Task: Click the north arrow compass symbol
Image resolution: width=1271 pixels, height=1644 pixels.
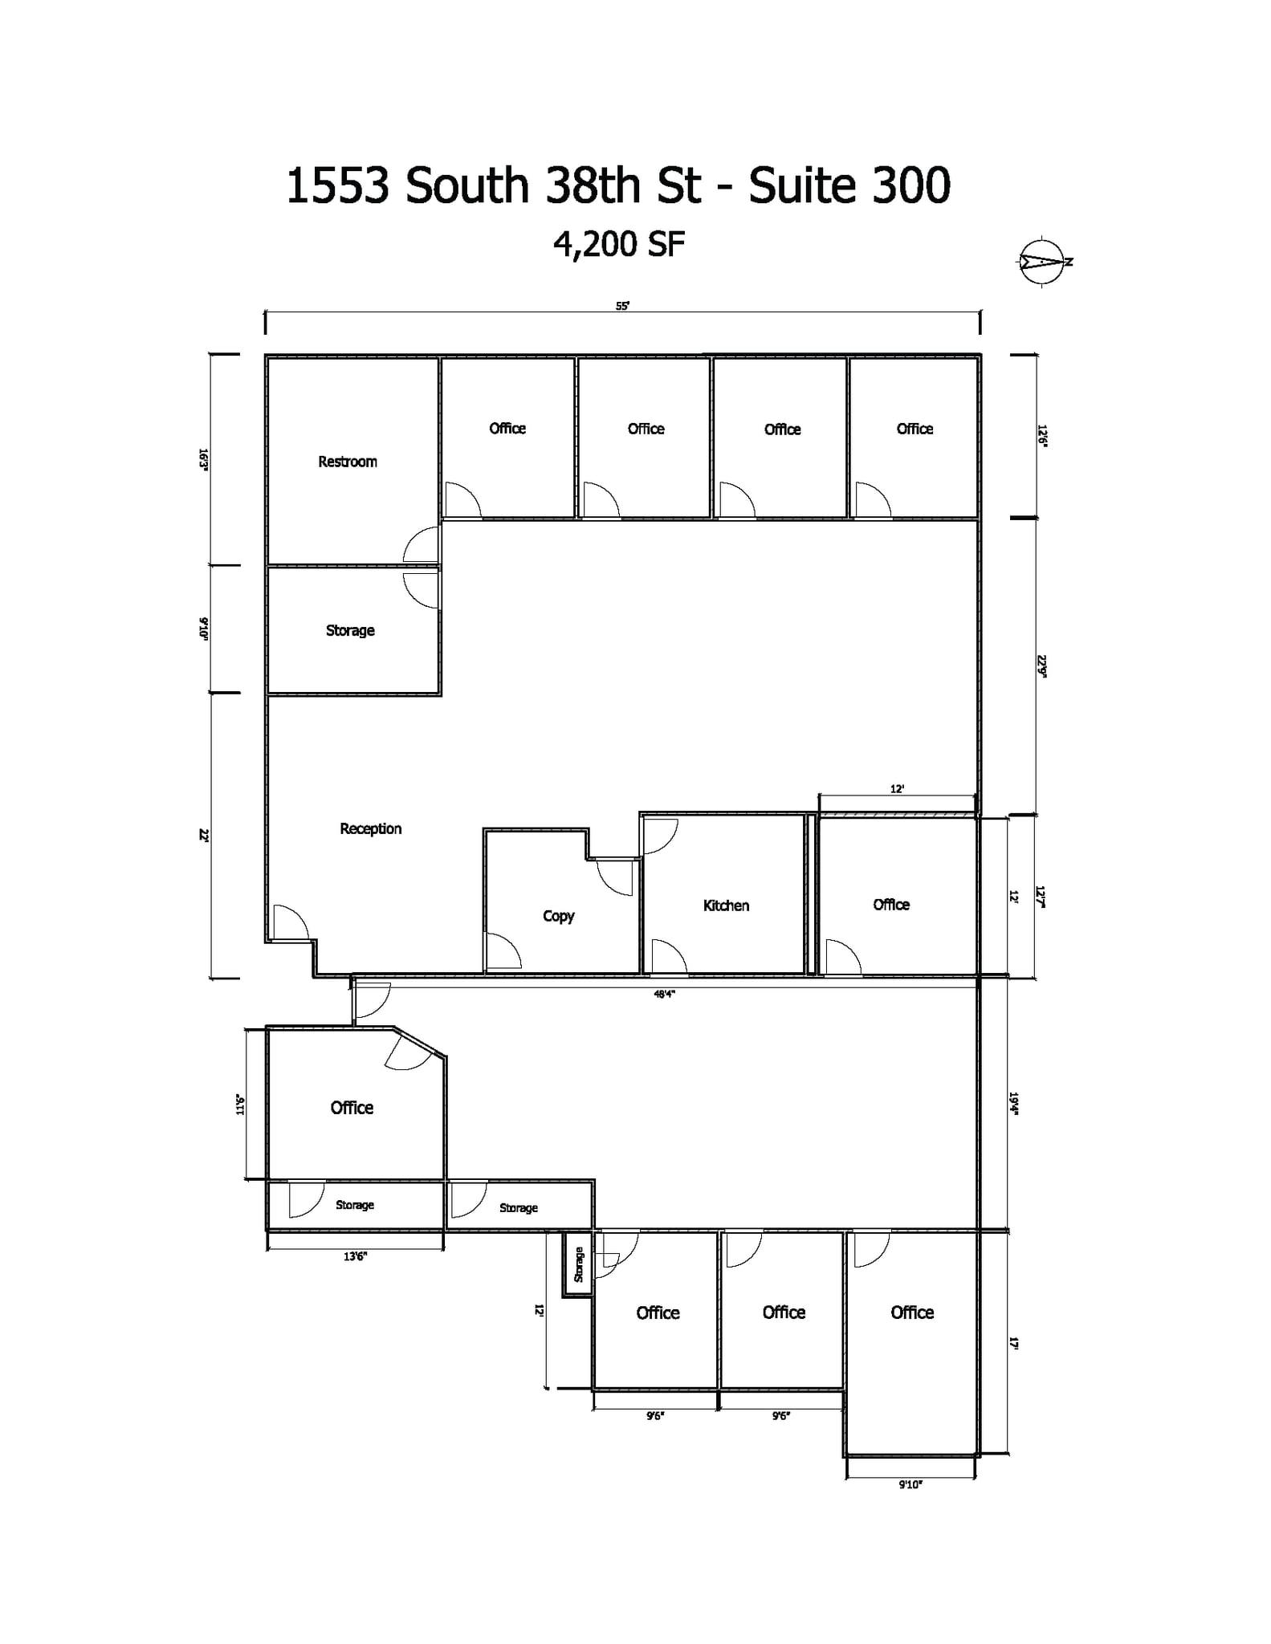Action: point(1041,261)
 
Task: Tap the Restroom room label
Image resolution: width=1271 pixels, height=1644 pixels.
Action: point(347,462)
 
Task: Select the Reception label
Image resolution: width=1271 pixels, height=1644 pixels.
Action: point(370,828)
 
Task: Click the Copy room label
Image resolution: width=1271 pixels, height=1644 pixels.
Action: point(558,916)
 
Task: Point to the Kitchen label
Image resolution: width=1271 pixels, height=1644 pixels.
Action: point(726,905)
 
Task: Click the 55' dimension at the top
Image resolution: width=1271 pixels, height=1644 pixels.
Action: point(622,306)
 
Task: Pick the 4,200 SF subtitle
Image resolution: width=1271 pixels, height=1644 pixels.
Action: point(619,244)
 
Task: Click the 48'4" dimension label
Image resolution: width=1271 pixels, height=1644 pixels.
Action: point(664,994)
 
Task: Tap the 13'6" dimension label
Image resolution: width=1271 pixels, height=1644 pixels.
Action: point(354,1256)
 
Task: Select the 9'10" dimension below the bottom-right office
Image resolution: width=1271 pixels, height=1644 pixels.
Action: point(910,1485)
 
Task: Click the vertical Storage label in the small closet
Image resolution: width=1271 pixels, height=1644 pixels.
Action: point(578,1264)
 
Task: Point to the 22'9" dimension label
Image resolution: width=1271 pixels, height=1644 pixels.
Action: point(1041,666)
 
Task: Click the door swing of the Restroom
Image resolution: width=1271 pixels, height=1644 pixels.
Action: point(422,545)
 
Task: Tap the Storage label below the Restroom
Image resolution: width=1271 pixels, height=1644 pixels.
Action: point(350,630)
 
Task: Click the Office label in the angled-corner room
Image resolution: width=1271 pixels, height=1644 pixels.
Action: point(352,1108)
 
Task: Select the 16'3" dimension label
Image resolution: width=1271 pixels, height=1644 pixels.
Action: point(204,459)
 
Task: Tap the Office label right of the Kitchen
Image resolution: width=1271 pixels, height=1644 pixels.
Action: point(891,905)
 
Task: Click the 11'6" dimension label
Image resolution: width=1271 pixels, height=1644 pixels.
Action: point(239,1105)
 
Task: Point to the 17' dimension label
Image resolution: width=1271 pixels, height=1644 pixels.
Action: point(1014,1343)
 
